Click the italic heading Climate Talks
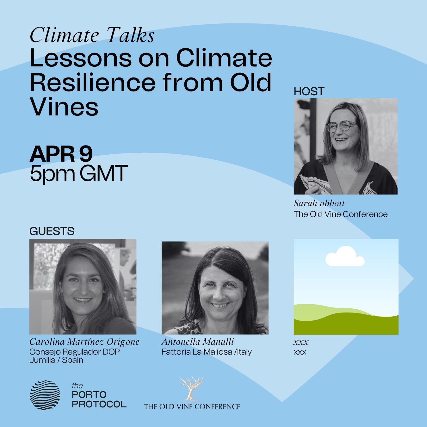[x=92, y=35]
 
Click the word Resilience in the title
[x=92, y=82]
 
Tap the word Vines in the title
[x=64, y=106]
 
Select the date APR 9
[x=61, y=154]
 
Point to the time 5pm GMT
[x=78, y=173]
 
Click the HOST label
[x=309, y=91]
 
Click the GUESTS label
[x=52, y=231]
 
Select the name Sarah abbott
[x=319, y=203]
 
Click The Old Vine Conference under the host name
[x=340, y=214]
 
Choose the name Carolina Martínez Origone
[x=84, y=342]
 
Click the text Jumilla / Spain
[x=56, y=360]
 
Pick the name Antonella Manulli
[x=198, y=342]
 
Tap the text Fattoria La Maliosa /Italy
[x=206, y=352]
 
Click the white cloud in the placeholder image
[x=345, y=257]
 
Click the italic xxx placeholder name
[x=301, y=342]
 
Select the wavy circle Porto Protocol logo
[x=45, y=395]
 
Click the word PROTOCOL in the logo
[x=99, y=404]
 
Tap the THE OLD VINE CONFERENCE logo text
[x=192, y=406]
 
